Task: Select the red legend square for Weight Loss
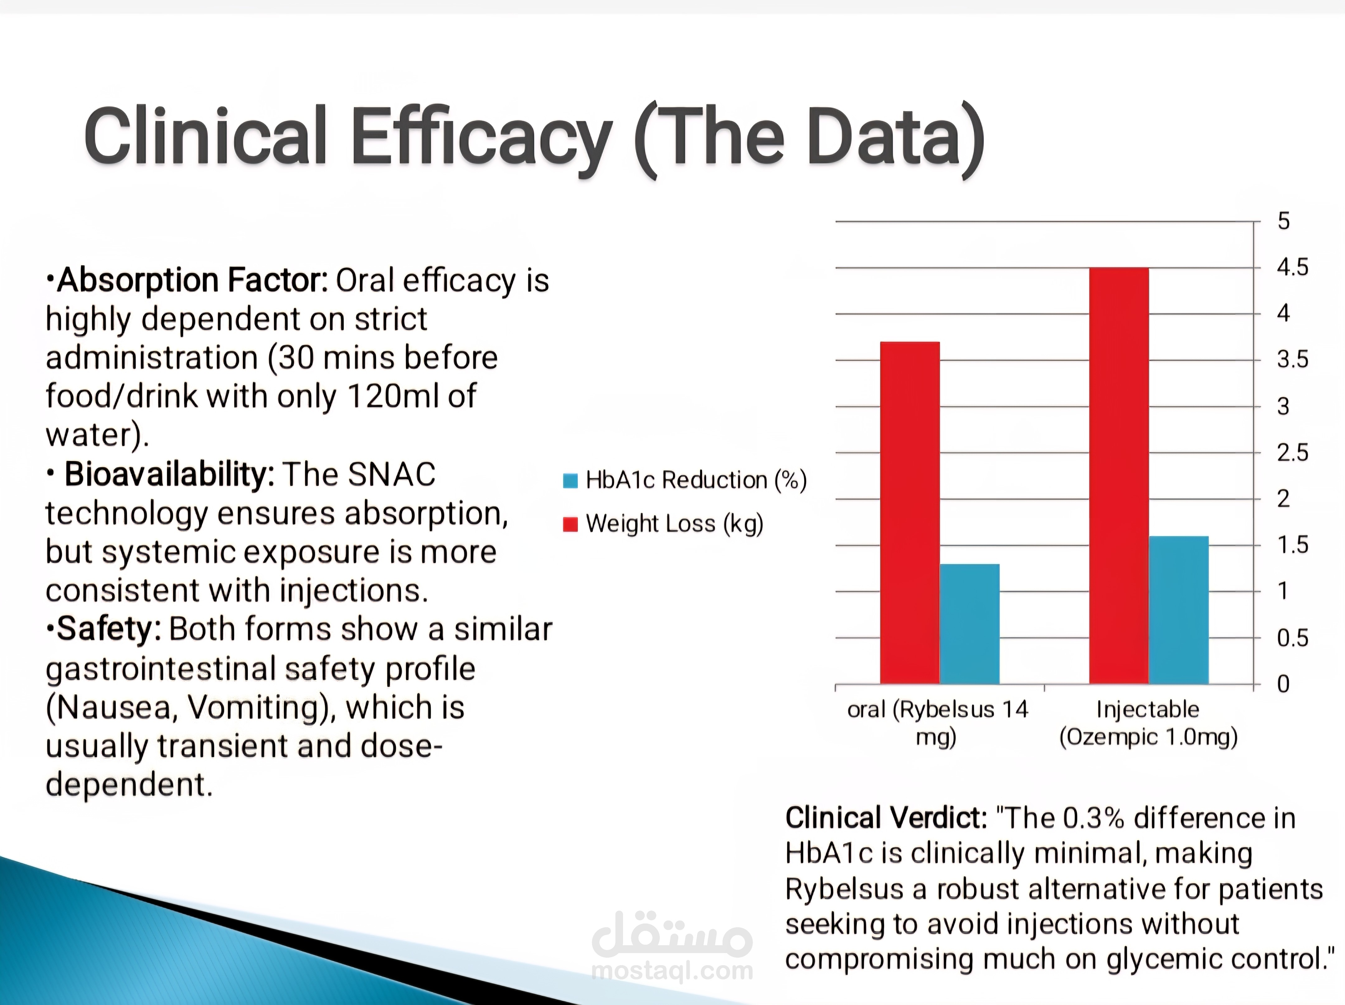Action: (x=570, y=524)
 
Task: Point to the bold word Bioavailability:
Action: (x=169, y=474)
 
